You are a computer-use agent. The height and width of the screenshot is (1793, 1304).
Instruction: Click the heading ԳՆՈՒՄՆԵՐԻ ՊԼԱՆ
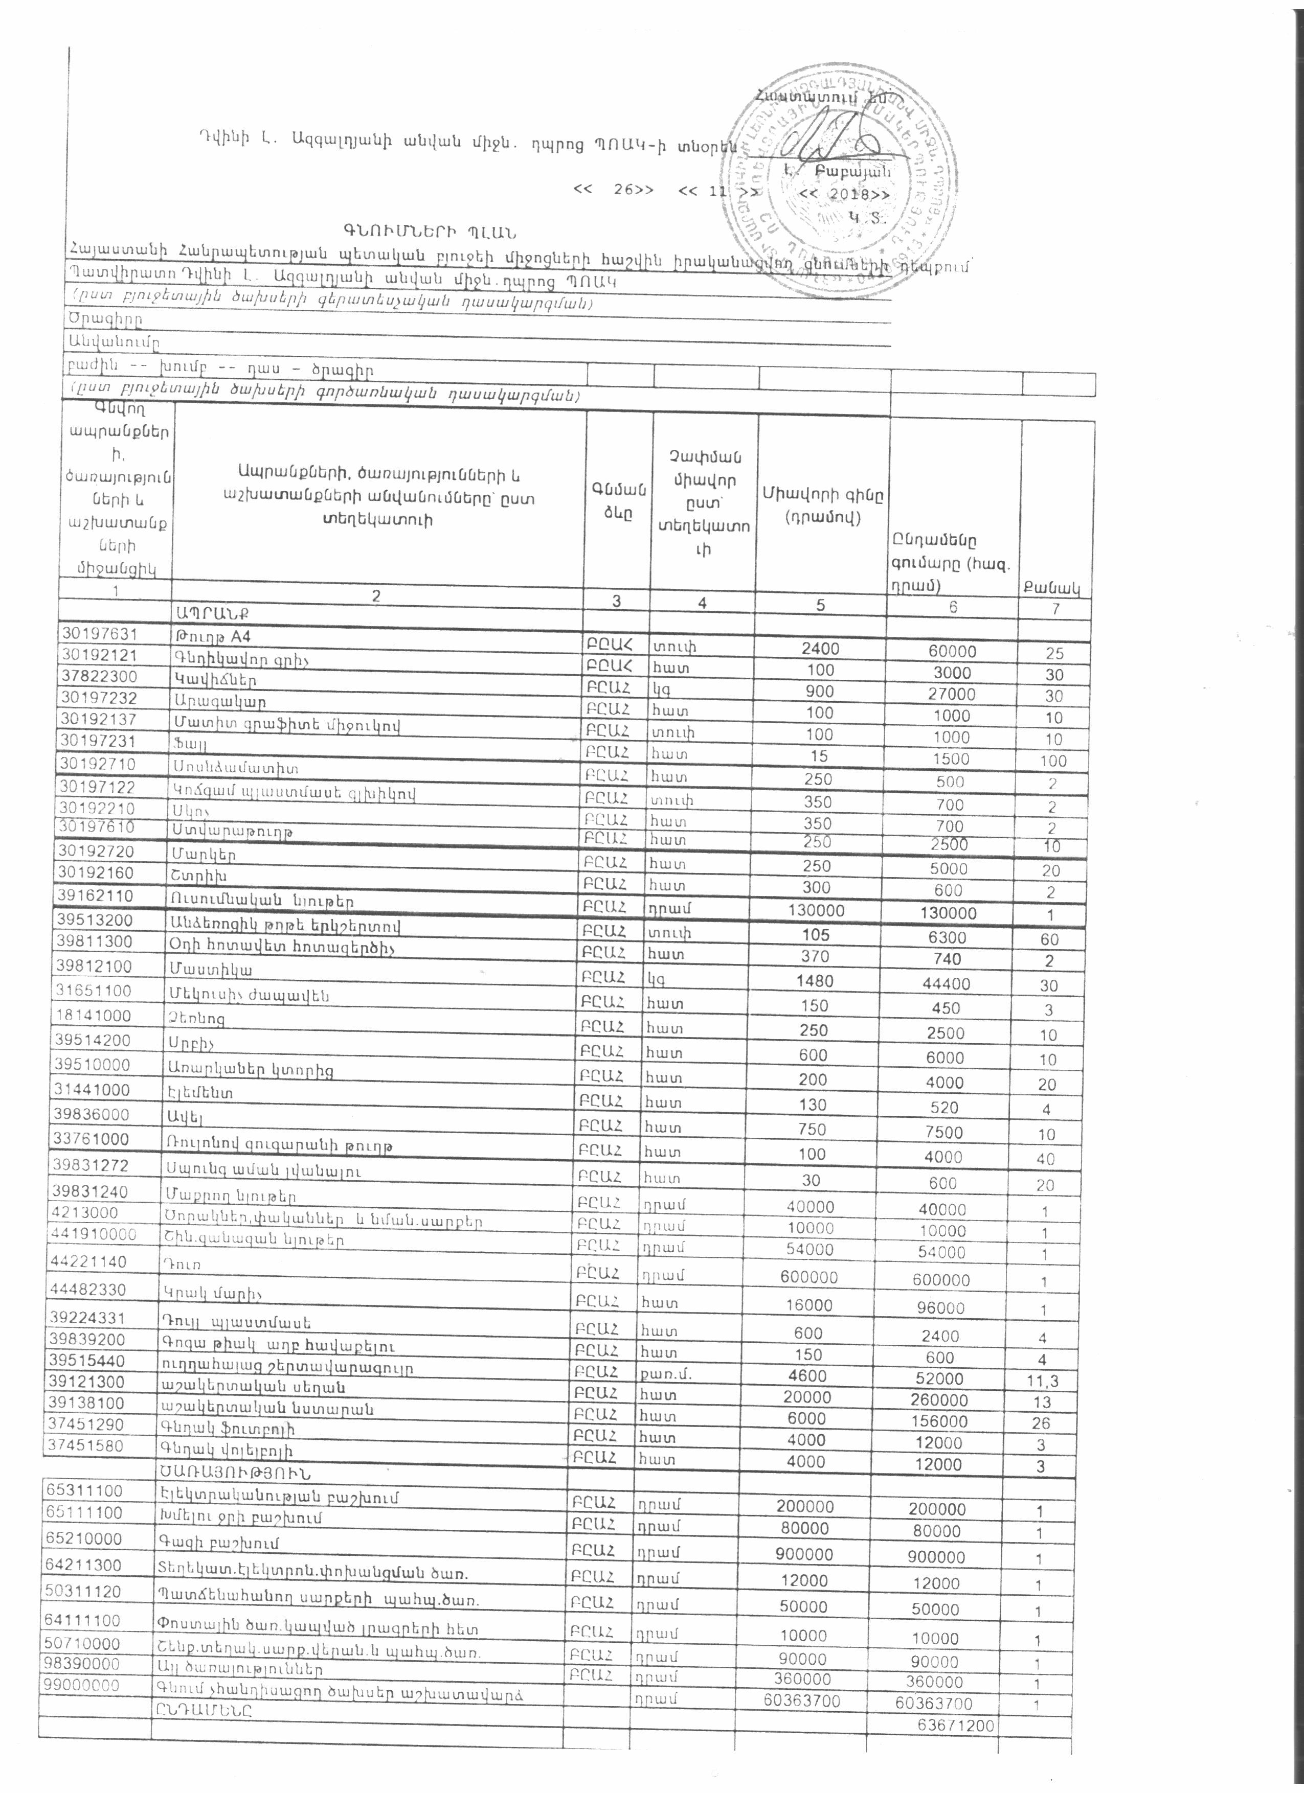[430, 233]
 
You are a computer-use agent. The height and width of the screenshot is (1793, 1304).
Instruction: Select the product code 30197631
[104, 634]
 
